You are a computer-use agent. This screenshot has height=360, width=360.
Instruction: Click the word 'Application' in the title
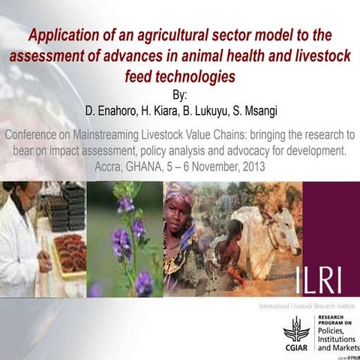(65, 35)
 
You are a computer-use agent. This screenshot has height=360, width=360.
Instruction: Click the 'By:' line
(180, 96)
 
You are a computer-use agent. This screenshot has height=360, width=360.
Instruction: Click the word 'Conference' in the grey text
(38, 136)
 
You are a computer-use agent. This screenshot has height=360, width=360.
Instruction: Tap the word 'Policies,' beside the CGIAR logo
(335, 331)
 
